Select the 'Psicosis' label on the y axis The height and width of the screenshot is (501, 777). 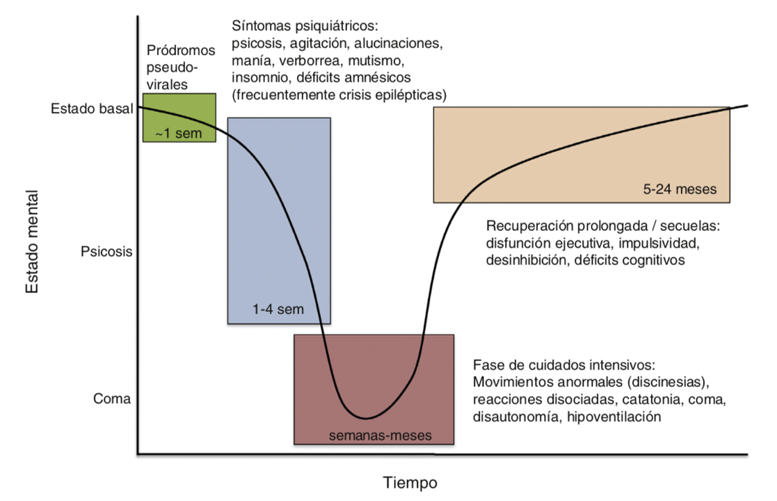tap(106, 251)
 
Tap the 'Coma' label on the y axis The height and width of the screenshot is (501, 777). tap(112, 399)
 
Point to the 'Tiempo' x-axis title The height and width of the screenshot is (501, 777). tap(410, 482)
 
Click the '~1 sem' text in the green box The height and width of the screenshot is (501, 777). tap(179, 133)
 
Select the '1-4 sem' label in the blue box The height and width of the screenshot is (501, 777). tap(279, 309)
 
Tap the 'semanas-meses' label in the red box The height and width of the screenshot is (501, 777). tap(380, 436)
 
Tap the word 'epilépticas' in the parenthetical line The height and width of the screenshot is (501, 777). tap(411, 93)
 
